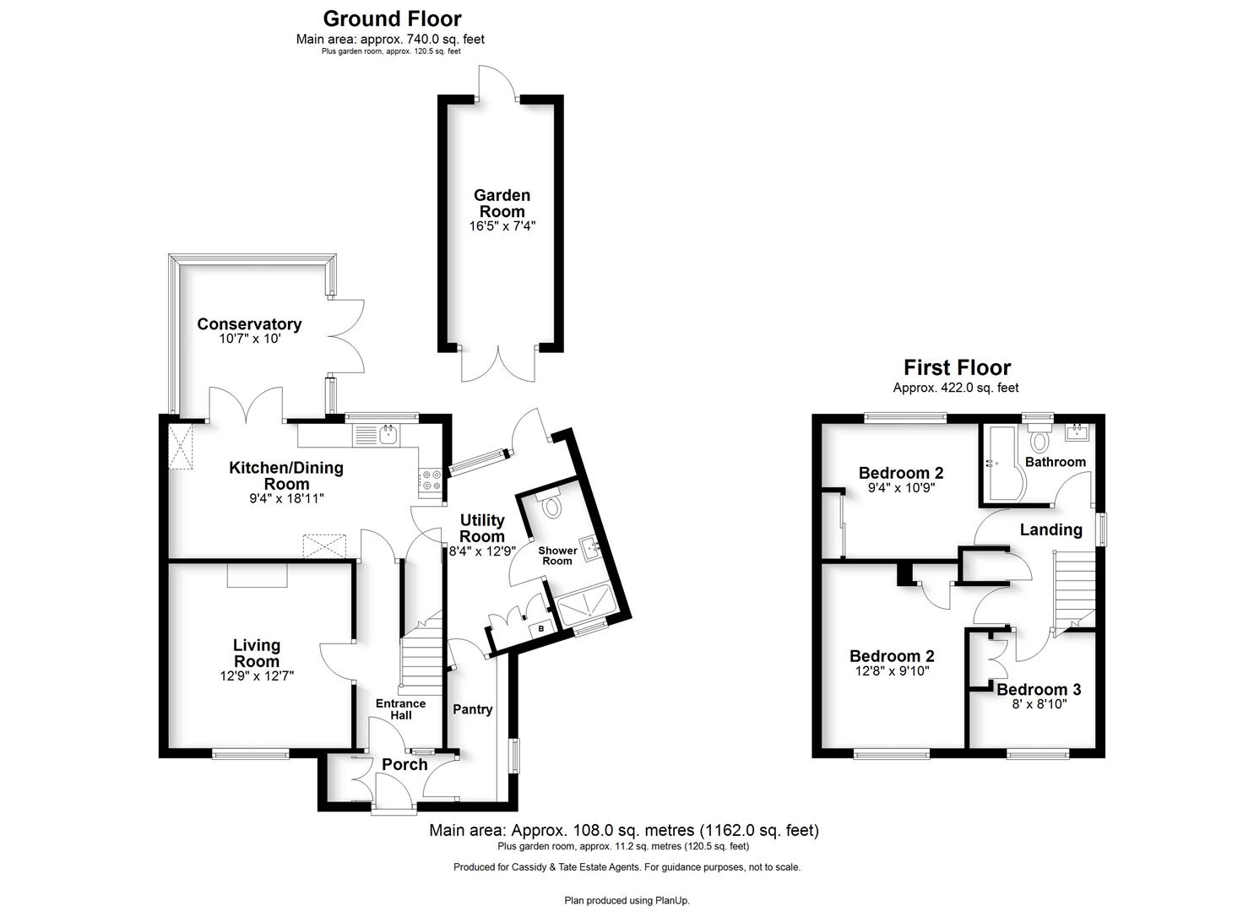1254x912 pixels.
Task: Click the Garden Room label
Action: coord(502,204)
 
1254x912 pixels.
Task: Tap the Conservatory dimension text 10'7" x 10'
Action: coord(250,338)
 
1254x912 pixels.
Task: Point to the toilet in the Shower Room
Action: coord(552,504)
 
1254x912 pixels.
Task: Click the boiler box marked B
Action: coord(540,629)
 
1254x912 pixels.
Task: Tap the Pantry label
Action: coord(473,709)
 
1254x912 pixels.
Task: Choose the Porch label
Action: coord(404,764)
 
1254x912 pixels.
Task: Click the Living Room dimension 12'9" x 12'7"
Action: coord(257,676)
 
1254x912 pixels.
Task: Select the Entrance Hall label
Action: coord(401,708)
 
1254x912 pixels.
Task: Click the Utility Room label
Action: coord(482,528)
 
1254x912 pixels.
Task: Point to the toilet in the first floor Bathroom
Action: coord(1039,437)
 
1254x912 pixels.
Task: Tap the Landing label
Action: coord(1050,529)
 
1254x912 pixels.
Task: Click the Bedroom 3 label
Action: coord(1039,689)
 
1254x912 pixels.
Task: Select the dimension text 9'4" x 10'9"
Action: coord(901,487)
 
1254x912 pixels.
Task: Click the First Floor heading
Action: coord(958,367)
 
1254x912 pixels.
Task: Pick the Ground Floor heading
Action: coord(393,19)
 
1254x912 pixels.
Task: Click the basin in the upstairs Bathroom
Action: coord(1077,432)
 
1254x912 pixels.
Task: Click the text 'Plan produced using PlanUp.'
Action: coord(627,900)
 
